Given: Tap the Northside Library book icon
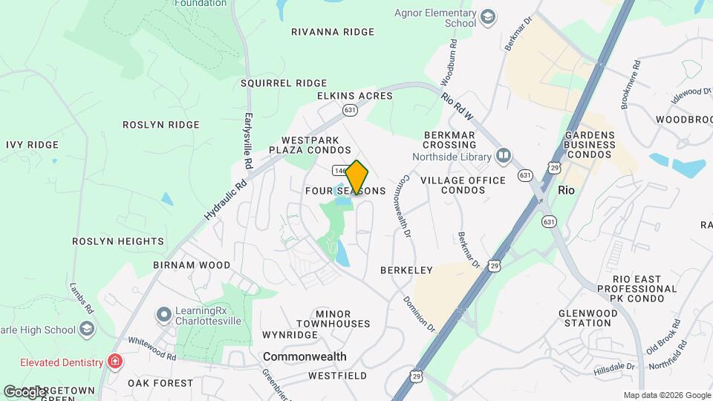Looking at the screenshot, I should click(x=504, y=156).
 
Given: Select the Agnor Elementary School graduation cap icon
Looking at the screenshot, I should click(x=488, y=17).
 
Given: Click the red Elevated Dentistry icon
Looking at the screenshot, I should click(x=115, y=362).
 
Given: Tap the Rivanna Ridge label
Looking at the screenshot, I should click(x=332, y=32).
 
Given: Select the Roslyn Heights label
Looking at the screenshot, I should click(x=118, y=241).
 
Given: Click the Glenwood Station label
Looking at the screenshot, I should click(x=598, y=318).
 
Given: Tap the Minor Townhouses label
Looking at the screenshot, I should click(x=333, y=319).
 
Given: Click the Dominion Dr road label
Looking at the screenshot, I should click(x=420, y=313).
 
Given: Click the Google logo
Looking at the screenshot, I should click(x=24, y=391).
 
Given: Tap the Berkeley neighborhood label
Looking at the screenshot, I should click(x=406, y=270).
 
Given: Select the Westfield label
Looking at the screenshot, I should click(x=339, y=376).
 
